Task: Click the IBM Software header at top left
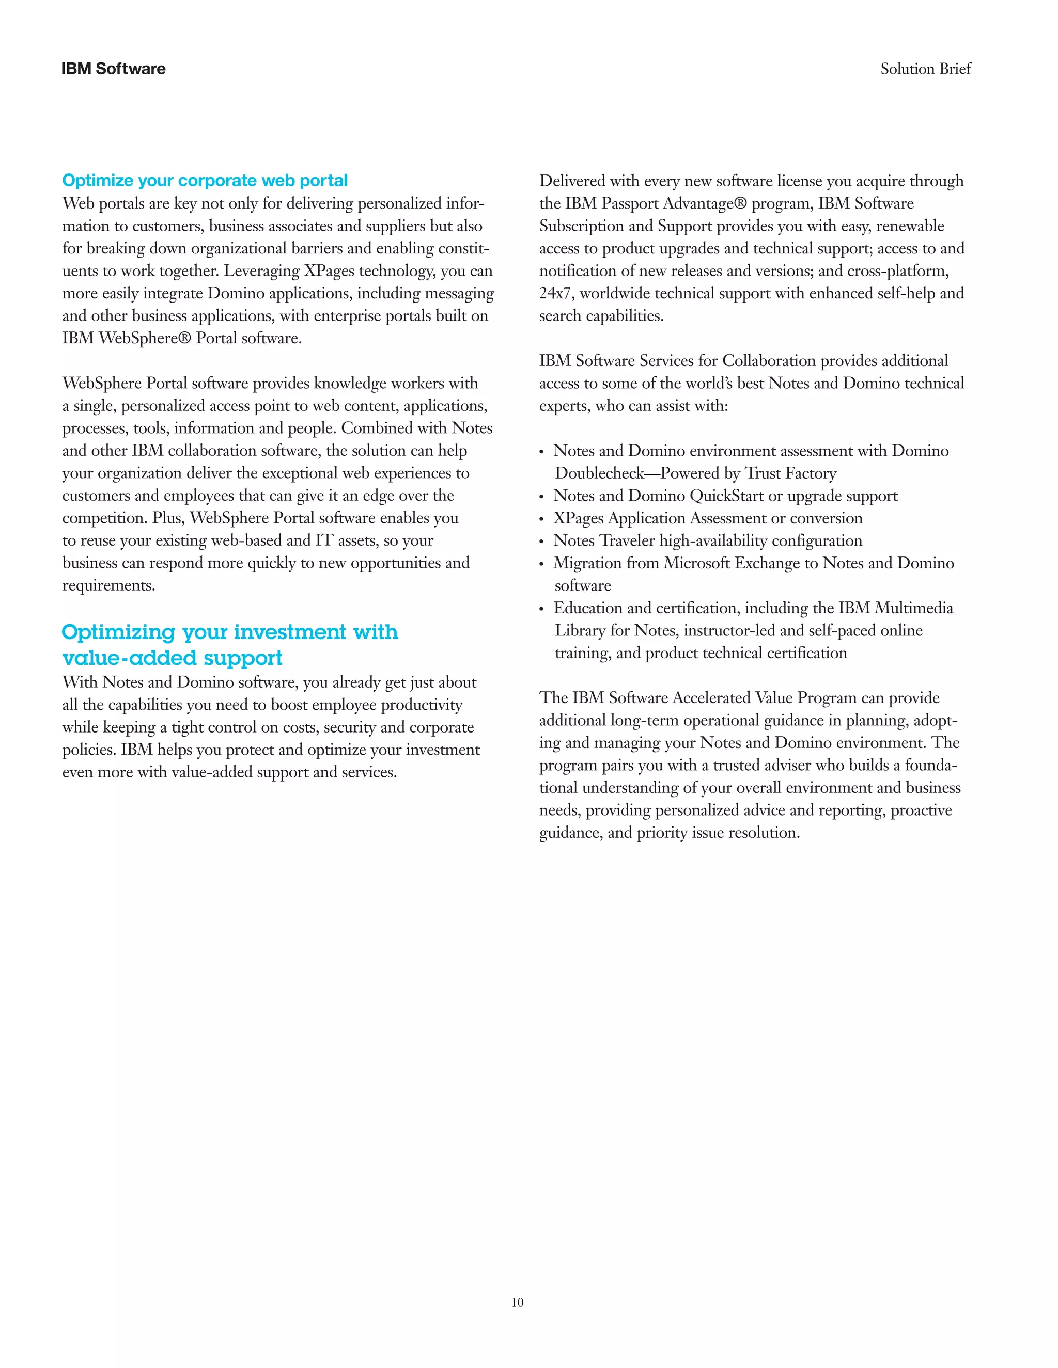114,69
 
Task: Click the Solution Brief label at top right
925,69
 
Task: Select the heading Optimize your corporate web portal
205,180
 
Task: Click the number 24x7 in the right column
554,294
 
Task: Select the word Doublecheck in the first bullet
599,473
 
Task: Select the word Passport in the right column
630,203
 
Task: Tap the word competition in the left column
103,519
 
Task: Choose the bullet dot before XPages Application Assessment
541,519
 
